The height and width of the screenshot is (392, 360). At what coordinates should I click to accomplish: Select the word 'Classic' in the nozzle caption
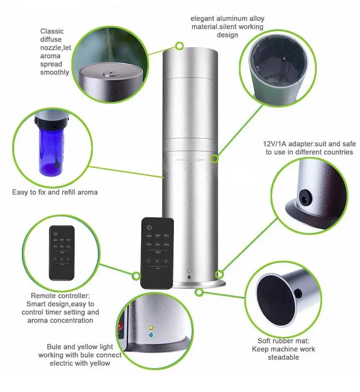click(52, 32)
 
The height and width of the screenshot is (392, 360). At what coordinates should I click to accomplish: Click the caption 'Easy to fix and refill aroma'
click(55, 192)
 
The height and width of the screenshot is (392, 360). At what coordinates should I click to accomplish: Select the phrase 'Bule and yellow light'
click(80, 347)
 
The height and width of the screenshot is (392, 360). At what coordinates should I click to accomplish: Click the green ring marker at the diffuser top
click(179, 46)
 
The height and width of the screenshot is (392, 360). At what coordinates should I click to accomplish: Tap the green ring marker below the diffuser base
click(199, 292)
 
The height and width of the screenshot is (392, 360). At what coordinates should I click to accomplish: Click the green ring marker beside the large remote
click(136, 276)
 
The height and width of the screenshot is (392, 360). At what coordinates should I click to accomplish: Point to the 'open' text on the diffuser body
click(201, 159)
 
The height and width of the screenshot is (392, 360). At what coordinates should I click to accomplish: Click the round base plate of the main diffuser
click(204, 284)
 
